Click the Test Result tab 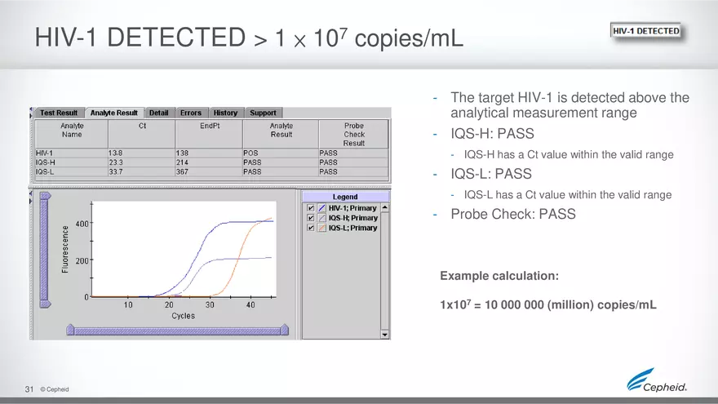coord(59,113)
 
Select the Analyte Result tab coord(113,113)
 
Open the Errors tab coord(190,113)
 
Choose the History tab coord(225,113)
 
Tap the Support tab coord(263,113)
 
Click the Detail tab coord(159,113)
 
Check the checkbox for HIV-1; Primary coord(310,208)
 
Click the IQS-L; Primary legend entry coord(352,228)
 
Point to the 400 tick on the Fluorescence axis coord(82,223)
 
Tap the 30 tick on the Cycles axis coord(210,304)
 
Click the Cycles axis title coord(183,315)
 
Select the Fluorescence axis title coord(65,249)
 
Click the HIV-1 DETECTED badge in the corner coord(645,31)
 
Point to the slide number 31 coord(29,388)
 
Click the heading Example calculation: coord(499,276)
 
